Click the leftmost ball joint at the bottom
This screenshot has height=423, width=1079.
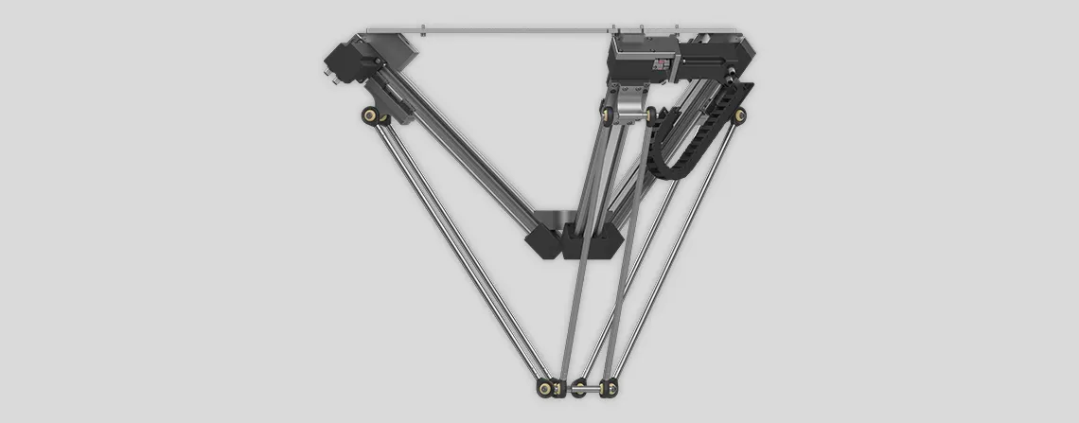[547, 387]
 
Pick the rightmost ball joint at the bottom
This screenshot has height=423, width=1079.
[612, 387]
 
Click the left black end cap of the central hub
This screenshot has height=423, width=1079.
[544, 242]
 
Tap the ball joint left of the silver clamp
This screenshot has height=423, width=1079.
[603, 115]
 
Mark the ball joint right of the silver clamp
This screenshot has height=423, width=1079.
[652, 115]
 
